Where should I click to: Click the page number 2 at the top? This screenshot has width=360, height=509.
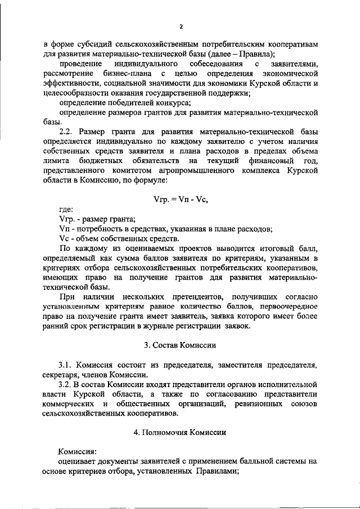tap(181, 26)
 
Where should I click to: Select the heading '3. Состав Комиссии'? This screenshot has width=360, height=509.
tap(180, 344)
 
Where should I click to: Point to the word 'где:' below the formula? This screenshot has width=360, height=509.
tap(66, 209)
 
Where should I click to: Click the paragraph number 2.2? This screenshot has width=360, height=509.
tap(69, 130)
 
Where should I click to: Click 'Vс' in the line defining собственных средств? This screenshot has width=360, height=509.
tap(63, 238)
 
